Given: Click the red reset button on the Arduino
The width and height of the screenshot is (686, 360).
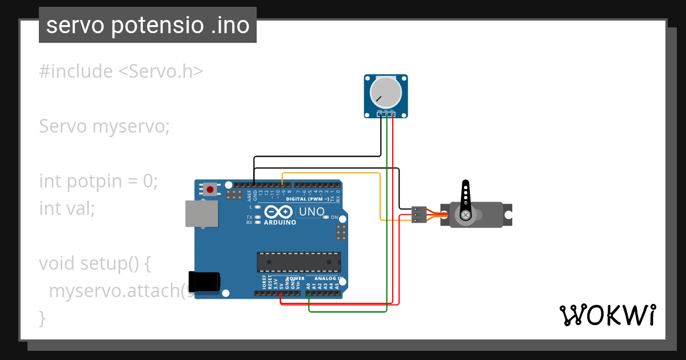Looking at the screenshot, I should tap(210, 189).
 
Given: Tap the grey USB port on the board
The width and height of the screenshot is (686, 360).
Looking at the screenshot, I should tap(201, 213).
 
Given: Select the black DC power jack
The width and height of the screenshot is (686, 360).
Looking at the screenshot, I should tap(204, 281).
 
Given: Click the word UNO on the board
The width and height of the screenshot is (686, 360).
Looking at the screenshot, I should tap(312, 212).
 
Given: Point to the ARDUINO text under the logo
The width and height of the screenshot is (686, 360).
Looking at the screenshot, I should tap(280, 222).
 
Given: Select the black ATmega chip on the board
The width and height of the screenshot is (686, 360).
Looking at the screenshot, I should tap(298, 262).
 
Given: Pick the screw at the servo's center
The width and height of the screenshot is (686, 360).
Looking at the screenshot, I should tap(466, 215).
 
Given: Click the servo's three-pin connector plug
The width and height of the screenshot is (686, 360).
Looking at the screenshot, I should tap(419, 215).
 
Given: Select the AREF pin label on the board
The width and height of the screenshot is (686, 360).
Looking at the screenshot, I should tap(249, 196).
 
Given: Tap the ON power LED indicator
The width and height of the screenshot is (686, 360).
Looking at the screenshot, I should tap(342, 218).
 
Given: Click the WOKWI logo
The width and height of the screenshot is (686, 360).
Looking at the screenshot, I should tap(607, 315).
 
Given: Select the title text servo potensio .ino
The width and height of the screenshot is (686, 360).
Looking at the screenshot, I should tap(147, 25).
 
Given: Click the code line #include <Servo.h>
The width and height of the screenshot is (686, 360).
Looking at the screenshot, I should tap(121, 71).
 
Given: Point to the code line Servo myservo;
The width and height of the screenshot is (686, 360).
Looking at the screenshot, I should tap(105, 126).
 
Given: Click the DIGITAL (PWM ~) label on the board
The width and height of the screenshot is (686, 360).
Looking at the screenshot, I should tap(307, 199).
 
